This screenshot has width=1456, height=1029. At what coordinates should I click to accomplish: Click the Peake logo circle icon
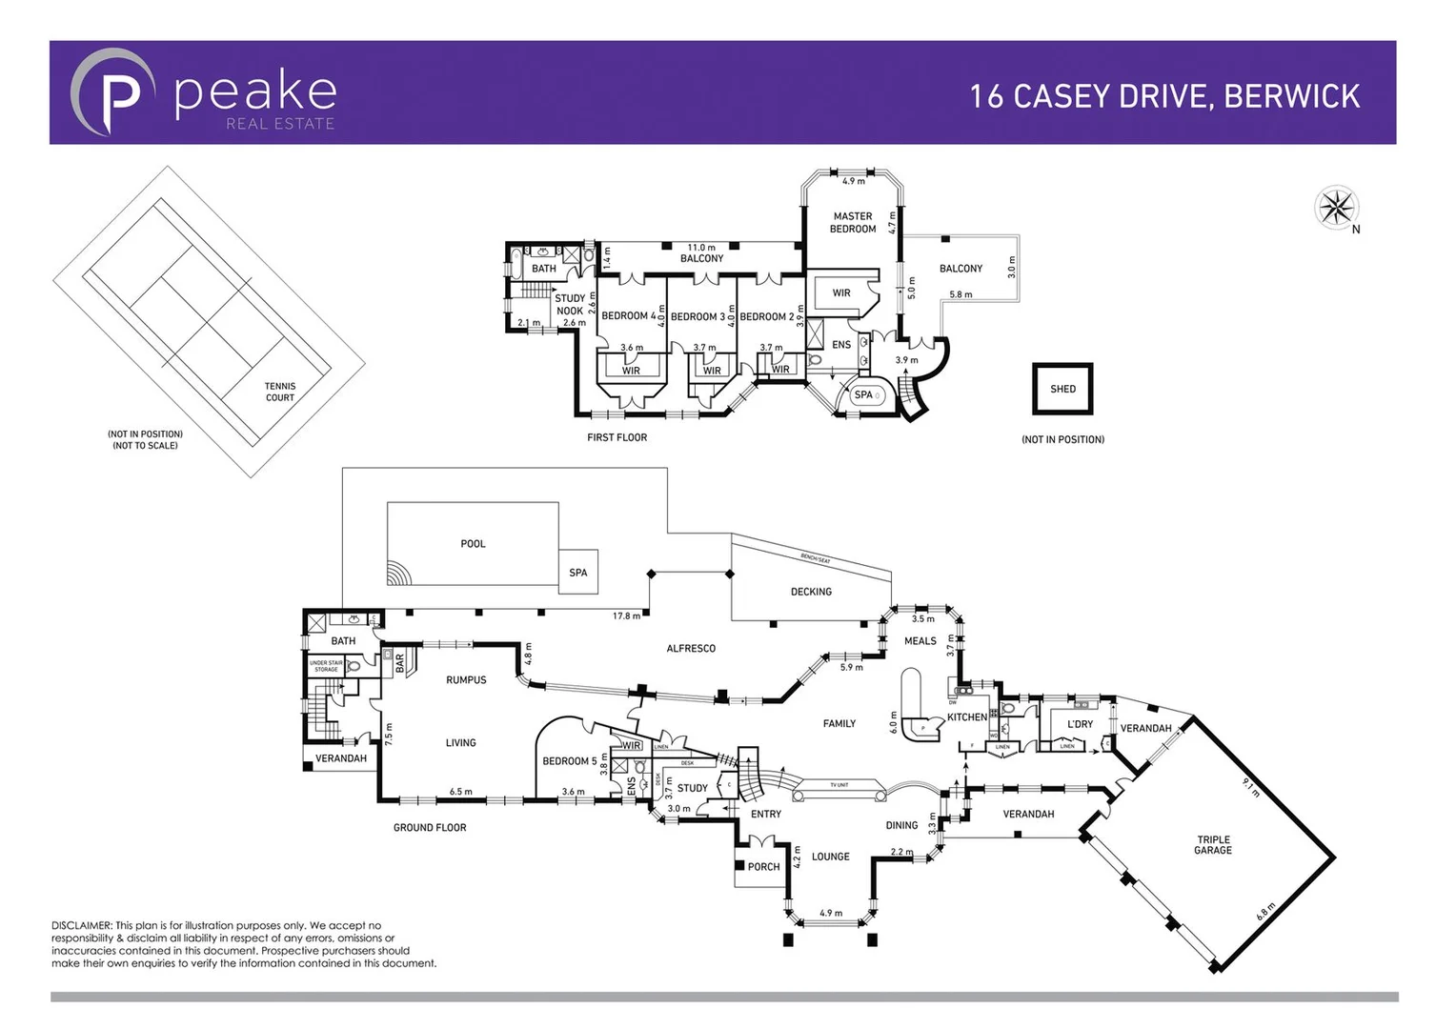click(112, 92)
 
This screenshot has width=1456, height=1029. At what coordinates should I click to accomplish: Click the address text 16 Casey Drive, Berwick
click(1164, 96)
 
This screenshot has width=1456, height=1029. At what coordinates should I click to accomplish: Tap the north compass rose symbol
click(1336, 207)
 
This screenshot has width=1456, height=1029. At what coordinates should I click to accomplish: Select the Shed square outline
click(1062, 389)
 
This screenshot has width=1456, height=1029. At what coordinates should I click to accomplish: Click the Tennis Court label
click(280, 393)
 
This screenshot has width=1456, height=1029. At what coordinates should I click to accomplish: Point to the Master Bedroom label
click(852, 223)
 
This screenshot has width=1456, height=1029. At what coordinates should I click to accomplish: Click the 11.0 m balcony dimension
click(701, 248)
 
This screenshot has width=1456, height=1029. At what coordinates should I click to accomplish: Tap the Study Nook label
click(570, 305)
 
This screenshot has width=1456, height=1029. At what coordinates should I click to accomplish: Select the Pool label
click(473, 544)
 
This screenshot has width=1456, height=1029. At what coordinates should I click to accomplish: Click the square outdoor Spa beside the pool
click(577, 572)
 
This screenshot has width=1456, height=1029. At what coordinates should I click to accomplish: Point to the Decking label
click(811, 592)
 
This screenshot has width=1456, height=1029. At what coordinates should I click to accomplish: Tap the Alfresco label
click(691, 649)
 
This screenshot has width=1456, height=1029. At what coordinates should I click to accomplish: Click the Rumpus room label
click(466, 680)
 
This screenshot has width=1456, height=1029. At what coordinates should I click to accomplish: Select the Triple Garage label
click(1213, 845)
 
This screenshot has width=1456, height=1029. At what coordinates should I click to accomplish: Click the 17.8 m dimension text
click(626, 616)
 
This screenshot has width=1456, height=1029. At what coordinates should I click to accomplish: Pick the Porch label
click(763, 867)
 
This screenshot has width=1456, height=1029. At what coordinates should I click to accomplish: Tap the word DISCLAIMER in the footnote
click(81, 925)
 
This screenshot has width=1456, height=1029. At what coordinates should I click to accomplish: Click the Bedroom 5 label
click(569, 761)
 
